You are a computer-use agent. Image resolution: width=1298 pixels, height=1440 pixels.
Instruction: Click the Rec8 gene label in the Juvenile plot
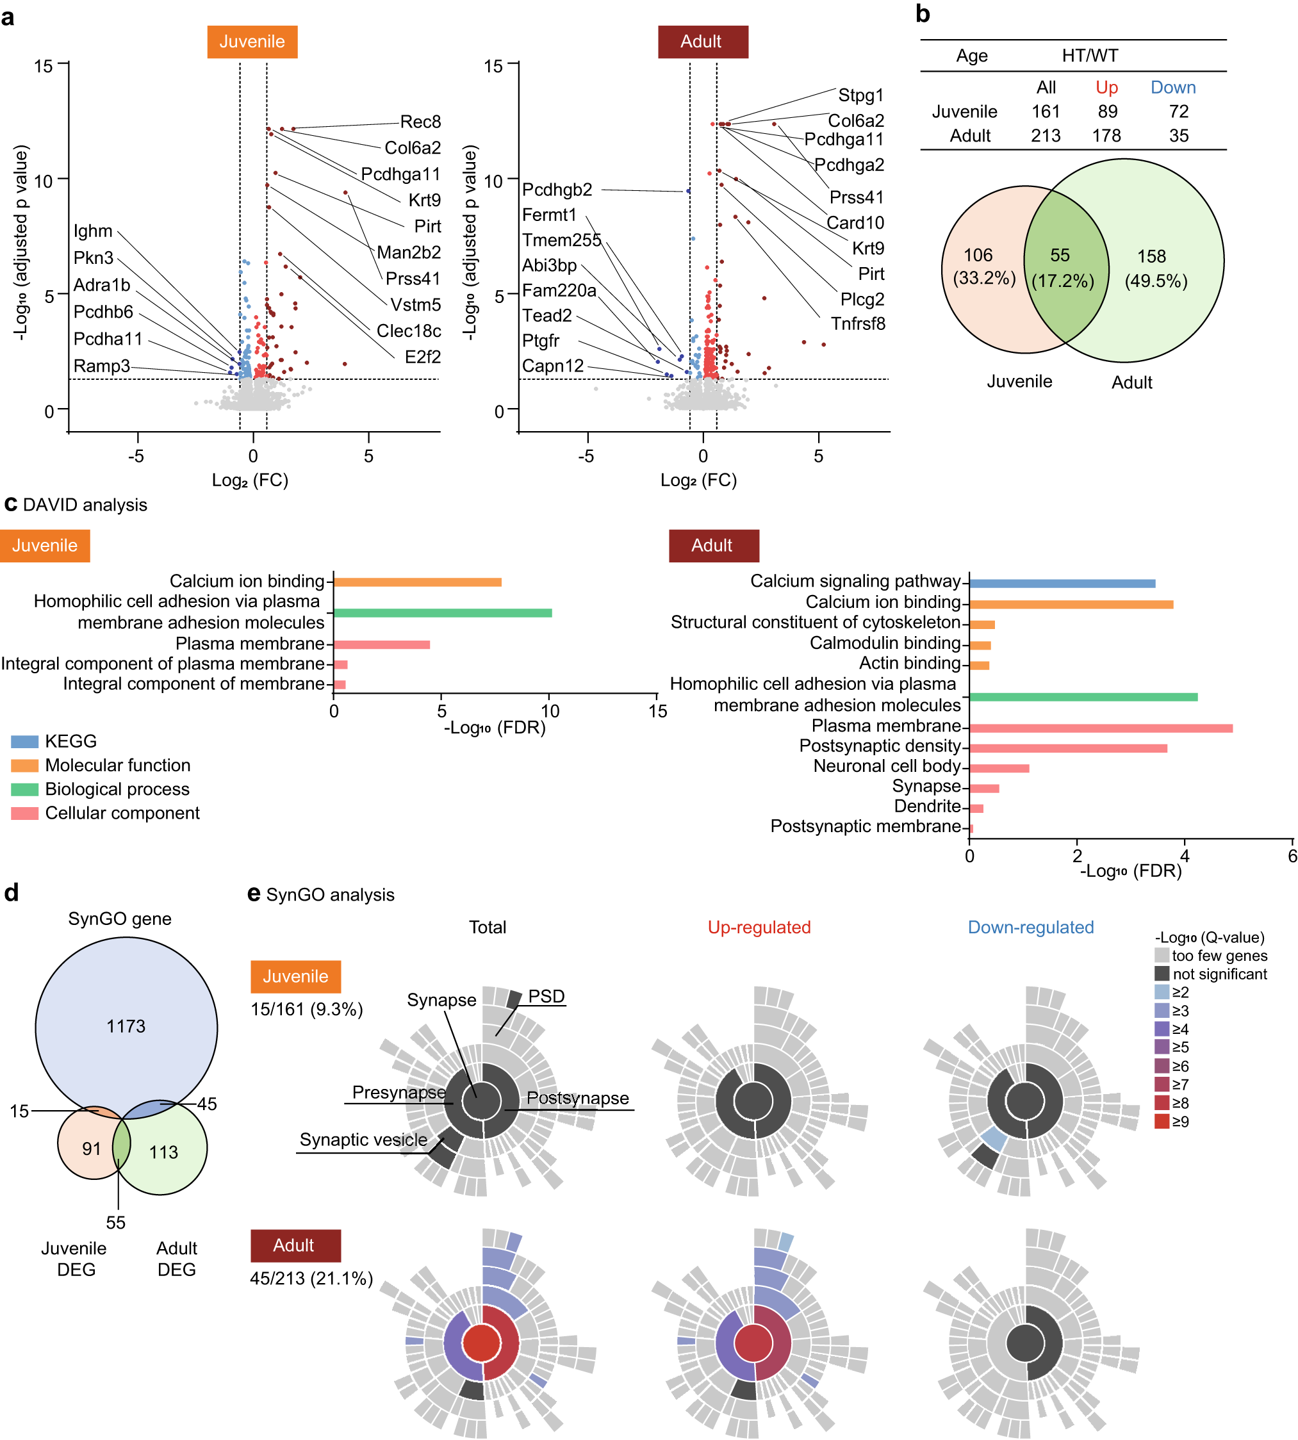[420, 121]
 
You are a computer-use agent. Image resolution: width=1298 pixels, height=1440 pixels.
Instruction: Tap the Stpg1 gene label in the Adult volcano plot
[860, 95]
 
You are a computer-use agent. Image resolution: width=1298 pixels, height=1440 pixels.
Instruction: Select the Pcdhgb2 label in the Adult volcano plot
[557, 190]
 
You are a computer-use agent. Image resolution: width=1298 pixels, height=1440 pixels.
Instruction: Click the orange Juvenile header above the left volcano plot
[252, 42]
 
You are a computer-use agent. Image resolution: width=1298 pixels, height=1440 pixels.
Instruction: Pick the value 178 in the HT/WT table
[1106, 136]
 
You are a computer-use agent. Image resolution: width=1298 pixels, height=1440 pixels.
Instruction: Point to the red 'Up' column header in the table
[1106, 87]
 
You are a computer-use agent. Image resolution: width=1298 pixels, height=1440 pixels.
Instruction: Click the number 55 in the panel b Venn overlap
[1060, 256]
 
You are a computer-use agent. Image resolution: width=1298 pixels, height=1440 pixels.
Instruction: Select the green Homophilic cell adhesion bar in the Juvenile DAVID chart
[442, 612]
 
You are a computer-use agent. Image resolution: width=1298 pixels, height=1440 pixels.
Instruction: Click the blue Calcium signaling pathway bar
[1061, 584]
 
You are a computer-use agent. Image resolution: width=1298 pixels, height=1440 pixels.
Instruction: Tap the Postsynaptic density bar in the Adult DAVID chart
[1067, 748]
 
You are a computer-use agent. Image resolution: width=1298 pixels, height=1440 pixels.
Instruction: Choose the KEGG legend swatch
[24, 741]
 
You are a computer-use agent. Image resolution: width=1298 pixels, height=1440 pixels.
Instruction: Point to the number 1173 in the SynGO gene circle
[126, 1026]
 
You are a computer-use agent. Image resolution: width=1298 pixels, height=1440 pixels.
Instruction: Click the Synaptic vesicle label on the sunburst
[363, 1140]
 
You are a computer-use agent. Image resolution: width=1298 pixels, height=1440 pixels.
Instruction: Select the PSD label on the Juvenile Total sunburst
[546, 996]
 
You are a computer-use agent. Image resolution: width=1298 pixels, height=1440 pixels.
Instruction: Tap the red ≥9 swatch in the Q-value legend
[1162, 1121]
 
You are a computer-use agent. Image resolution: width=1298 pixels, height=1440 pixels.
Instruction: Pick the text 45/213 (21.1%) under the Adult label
[311, 1278]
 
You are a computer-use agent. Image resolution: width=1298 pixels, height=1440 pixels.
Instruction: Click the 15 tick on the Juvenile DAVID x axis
[657, 711]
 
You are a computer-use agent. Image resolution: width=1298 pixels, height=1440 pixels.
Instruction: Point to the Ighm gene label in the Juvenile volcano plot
[93, 231]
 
